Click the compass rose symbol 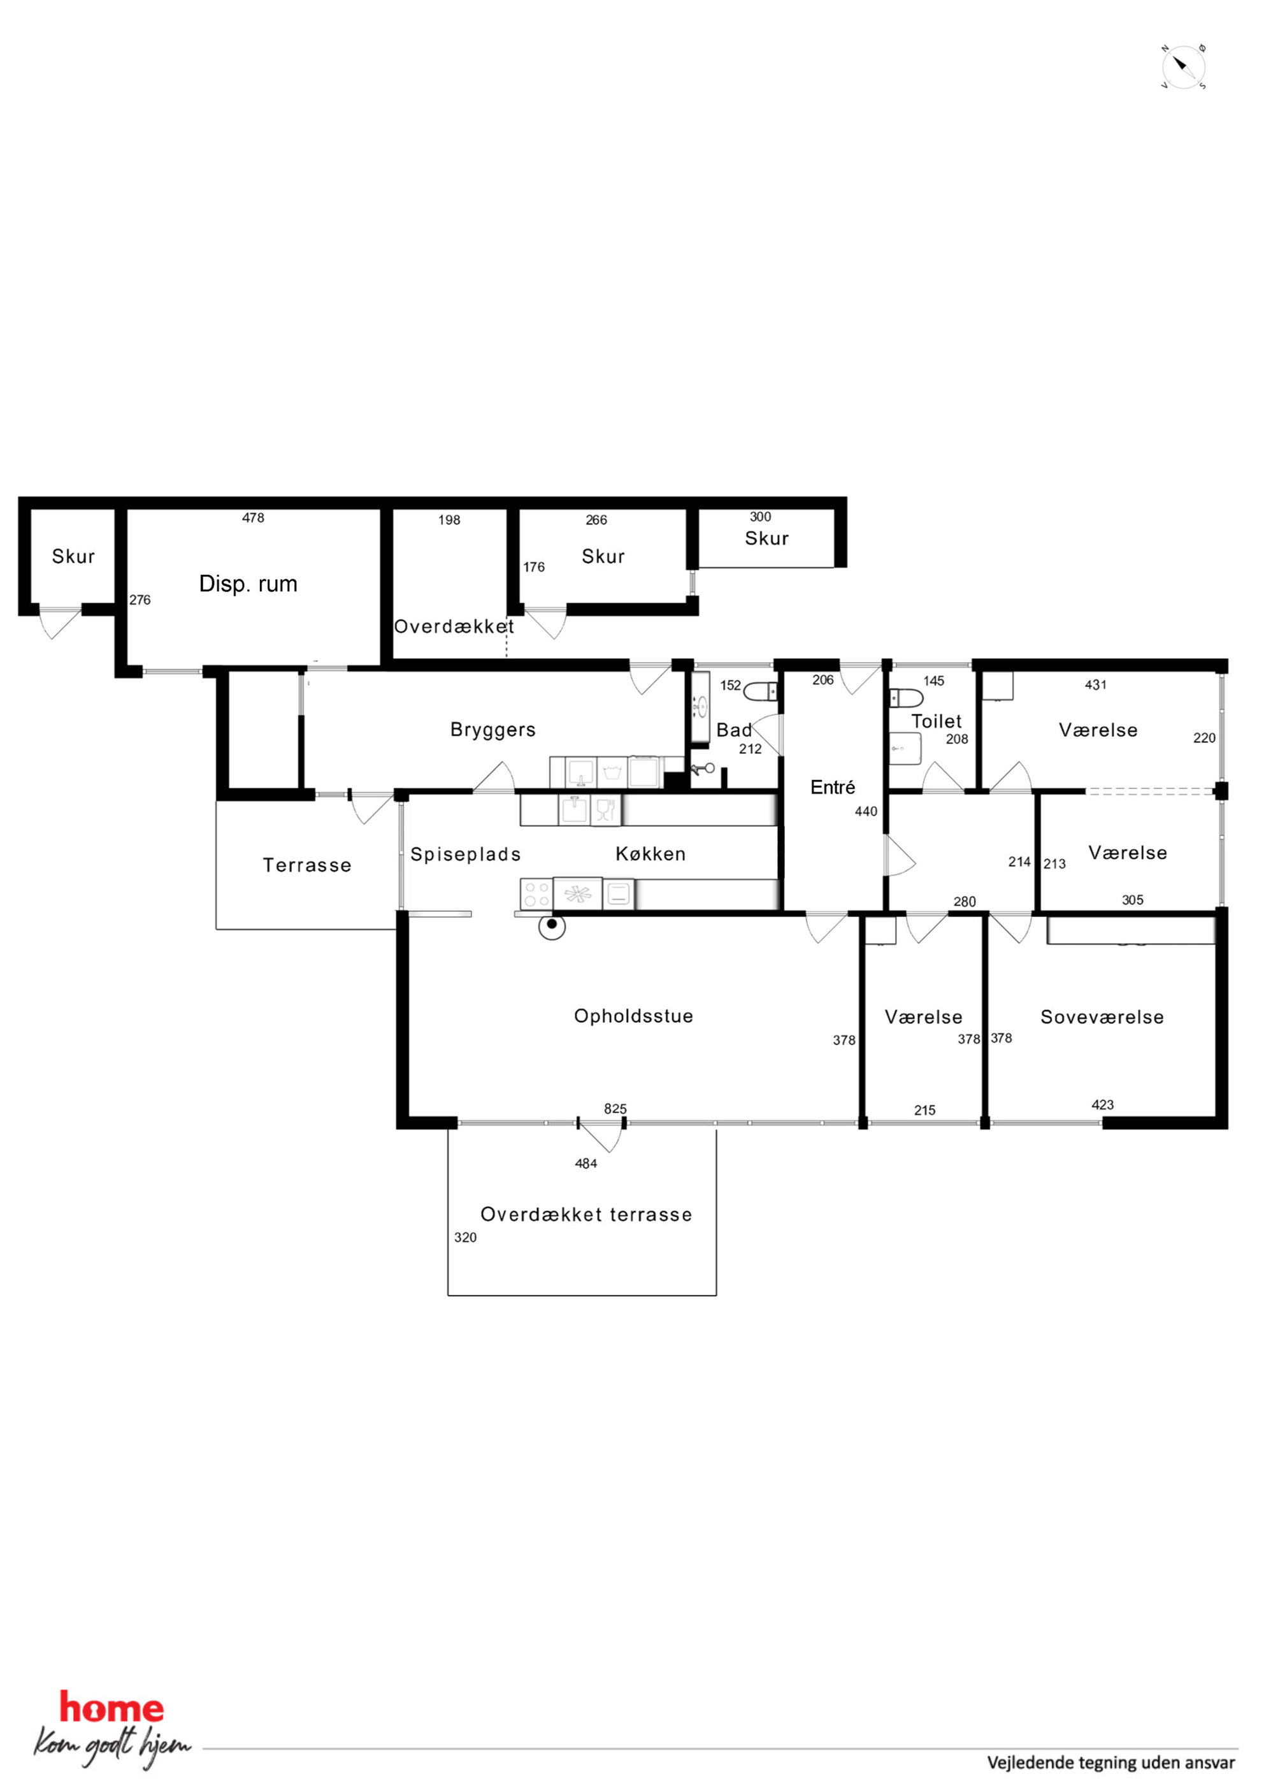coord(1183,67)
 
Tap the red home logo coord(111,1708)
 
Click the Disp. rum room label coord(248,584)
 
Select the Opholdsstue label coord(633,1016)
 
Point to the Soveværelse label coord(1102,1017)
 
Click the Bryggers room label coord(493,730)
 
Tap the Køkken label coord(650,854)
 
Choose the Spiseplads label coord(466,855)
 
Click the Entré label coord(833,788)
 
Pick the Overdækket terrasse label coord(586,1215)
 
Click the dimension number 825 coord(615,1109)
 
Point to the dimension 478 coord(253,518)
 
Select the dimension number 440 coord(866,811)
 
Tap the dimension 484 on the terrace coord(585,1164)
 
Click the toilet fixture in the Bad coord(761,691)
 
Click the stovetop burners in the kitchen coord(536,894)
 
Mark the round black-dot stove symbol coord(552,926)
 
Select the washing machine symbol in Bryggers coord(612,772)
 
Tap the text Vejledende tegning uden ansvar coord(1110,1763)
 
